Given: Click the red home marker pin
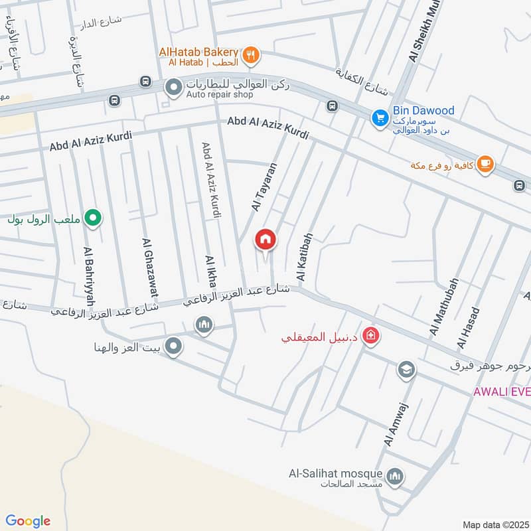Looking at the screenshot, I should pyautogui.click(x=266, y=240).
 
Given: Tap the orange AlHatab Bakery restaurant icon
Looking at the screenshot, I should pyautogui.click(x=251, y=55).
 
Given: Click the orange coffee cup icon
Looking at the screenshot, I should pyautogui.click(x=485, y=163).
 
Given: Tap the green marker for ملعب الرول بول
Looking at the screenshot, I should pyautogui.click(x=94, y=217).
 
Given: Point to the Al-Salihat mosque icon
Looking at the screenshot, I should pyautogui.click(x=396, y=476).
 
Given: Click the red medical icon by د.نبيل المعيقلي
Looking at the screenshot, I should pyautogui.click(x=371, y=336).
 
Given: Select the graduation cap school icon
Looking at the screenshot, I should pyautogui.click(x=406, y=369).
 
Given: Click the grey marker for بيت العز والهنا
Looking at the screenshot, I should pyautogui.click(x=173, y=346).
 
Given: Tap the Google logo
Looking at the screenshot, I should pyautogui.click(x=28, y=521).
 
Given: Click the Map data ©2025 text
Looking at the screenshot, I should pyautogui.click(x=495, y=524).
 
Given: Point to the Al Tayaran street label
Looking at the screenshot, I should pyautogui.click(x=264, y=187).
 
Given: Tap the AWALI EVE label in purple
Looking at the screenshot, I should pyautogui.click(x=501, y=391).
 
